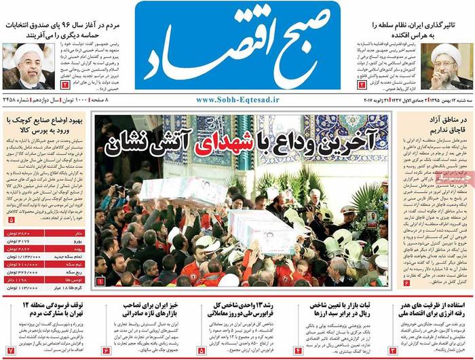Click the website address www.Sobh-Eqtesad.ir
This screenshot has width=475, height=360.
pyautogui.click(x=237, y=100)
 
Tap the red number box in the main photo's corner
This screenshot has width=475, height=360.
pyautogui.click(x=100, y=280)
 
